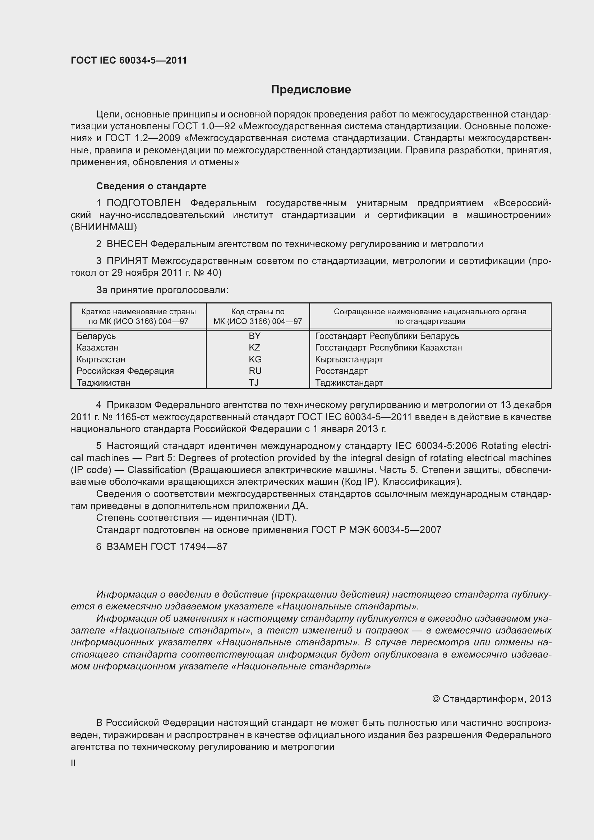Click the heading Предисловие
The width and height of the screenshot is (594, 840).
311,90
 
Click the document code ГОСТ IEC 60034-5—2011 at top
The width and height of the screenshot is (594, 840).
129,60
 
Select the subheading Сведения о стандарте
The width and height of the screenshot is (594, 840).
151,186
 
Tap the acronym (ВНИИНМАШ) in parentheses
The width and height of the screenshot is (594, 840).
104,227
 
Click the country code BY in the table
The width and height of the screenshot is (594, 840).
255,336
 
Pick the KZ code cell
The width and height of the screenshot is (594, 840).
255,348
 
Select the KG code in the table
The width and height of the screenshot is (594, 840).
255,359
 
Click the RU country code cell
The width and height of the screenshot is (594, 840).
255,371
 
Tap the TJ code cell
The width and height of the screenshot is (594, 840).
254,383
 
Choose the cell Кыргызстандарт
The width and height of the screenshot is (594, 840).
349,359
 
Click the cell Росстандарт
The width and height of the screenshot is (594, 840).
341,371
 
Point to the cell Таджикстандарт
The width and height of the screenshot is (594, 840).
349,383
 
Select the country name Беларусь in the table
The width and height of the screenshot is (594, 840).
96,336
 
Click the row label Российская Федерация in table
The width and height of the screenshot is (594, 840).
125,371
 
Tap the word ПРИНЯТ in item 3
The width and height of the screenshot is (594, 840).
127,261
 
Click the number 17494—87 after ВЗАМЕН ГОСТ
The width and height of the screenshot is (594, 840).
203,547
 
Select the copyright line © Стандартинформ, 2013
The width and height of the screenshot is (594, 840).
492,699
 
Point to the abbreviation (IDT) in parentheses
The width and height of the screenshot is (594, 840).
283,518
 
